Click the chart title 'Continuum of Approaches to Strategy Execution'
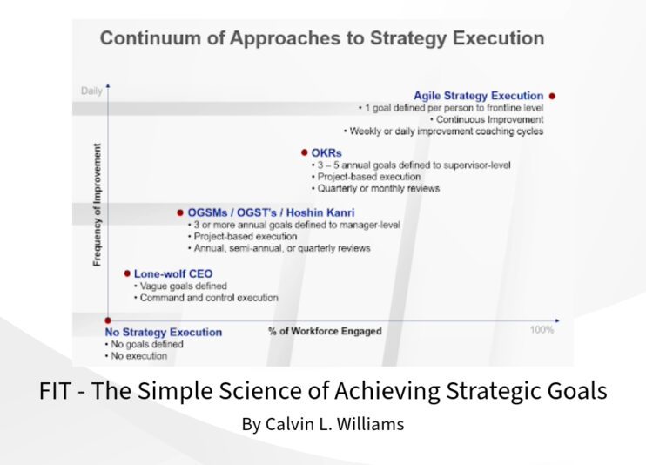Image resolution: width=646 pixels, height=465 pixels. (322, 39)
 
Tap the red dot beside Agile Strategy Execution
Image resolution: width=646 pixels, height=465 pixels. (553, 96)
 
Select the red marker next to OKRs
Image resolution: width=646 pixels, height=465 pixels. (304, 153)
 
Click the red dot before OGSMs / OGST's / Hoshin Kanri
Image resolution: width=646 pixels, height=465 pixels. (180, 212)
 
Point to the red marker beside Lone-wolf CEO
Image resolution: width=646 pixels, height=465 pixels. (126, 273)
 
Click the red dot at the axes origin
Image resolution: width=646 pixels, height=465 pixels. (108, 320)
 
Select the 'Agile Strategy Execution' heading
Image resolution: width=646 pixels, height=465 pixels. (479, 96)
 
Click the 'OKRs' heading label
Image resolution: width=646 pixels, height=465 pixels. (326, 153)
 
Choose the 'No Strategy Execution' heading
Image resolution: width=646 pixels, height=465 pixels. (164, 332)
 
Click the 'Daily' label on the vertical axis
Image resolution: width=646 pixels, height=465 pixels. (91, 91)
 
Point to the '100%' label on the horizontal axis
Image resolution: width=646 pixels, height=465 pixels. (542, 330)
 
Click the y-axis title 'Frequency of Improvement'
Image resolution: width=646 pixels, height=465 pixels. (97, 206)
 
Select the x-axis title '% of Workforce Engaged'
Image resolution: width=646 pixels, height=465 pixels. (325, 331)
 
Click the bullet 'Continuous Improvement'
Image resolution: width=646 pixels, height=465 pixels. (489, 119)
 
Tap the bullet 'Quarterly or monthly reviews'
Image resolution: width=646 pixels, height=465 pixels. (379, 188)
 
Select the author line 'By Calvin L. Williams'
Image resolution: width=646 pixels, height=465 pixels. (323, 426)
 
